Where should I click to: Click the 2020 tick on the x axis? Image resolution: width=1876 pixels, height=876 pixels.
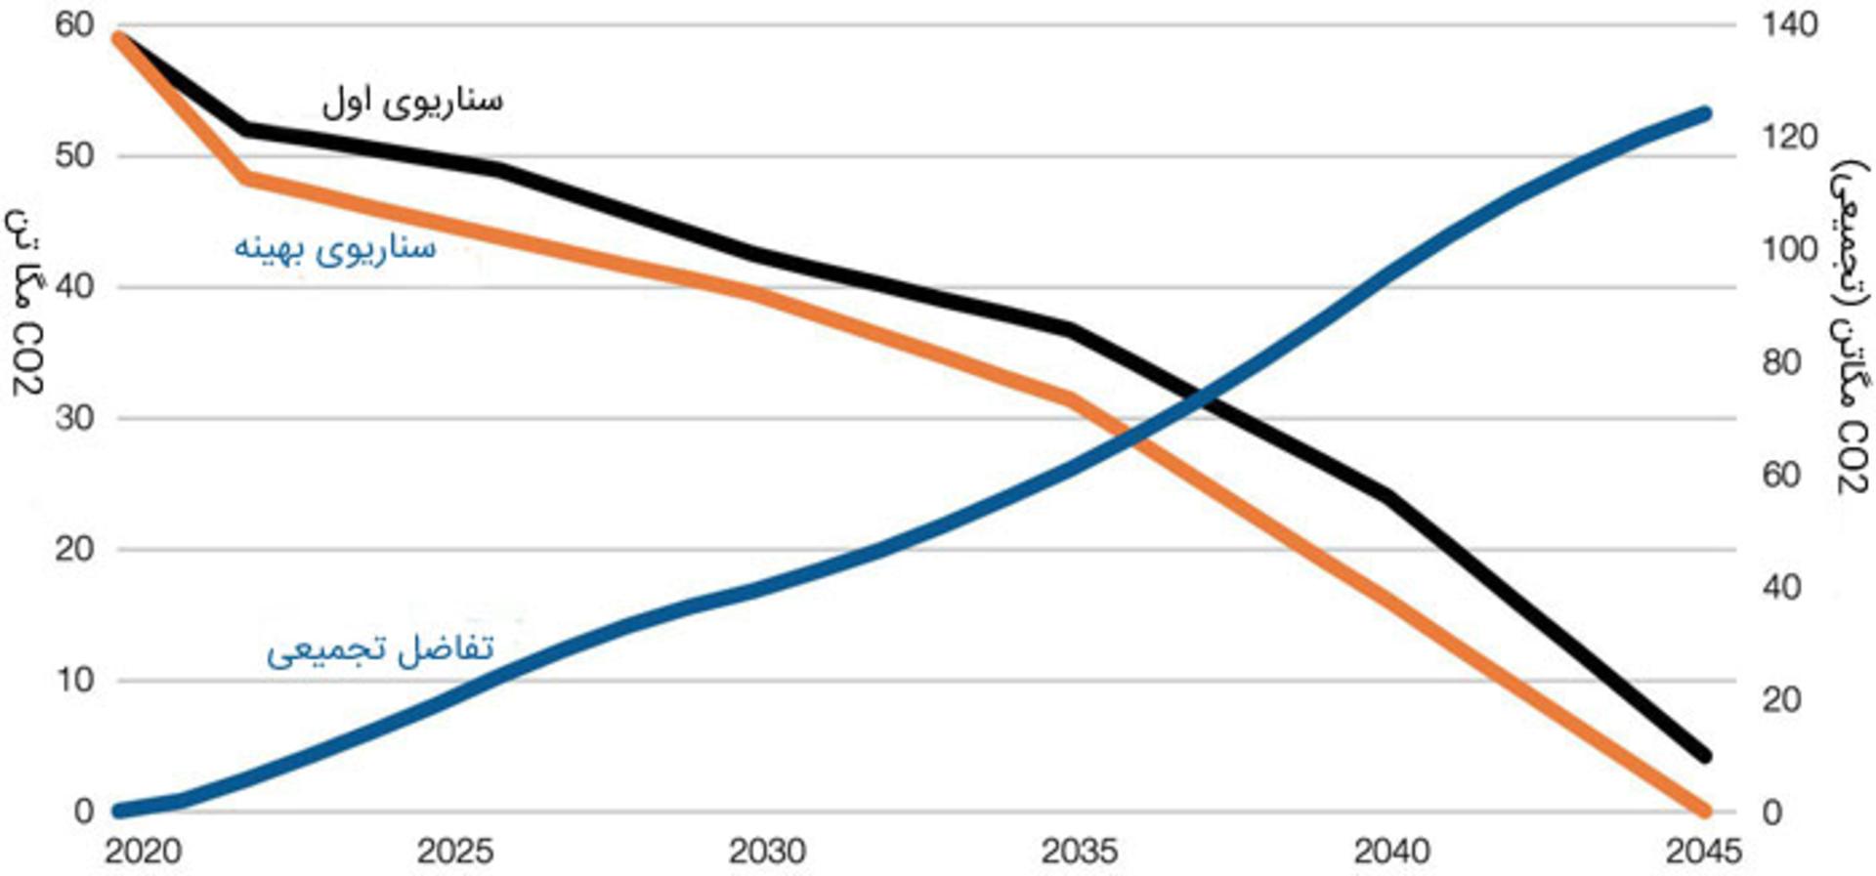coord(143,852)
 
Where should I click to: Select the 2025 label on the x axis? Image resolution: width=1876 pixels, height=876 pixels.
coord(455,852)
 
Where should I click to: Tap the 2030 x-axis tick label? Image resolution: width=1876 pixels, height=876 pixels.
coord(767,852)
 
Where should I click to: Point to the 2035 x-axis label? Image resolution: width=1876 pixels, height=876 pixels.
coord(1080,852)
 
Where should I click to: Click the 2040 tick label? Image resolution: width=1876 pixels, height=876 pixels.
coord(1391,852)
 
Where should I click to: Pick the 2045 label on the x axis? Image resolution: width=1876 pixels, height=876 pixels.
coord(1703,852)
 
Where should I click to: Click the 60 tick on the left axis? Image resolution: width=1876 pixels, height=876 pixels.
coord(74,24)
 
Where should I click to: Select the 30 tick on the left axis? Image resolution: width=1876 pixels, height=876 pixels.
coord(74,418)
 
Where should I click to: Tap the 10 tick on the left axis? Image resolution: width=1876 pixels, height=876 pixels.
coord(74,680)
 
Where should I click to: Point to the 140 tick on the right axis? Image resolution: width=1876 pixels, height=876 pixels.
coord(1790,24)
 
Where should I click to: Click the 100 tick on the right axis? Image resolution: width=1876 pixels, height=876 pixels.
coord(1790,249)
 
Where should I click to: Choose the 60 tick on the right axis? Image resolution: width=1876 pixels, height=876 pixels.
coord(1781,475)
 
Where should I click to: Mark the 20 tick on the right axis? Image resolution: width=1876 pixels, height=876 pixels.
coord(1781,699)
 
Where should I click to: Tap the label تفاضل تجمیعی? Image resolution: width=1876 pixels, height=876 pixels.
coord(380,648)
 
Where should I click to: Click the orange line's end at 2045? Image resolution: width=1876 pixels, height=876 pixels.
coord(1705,811)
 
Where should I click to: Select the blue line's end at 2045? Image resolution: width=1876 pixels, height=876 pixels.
coord(1705,114)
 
